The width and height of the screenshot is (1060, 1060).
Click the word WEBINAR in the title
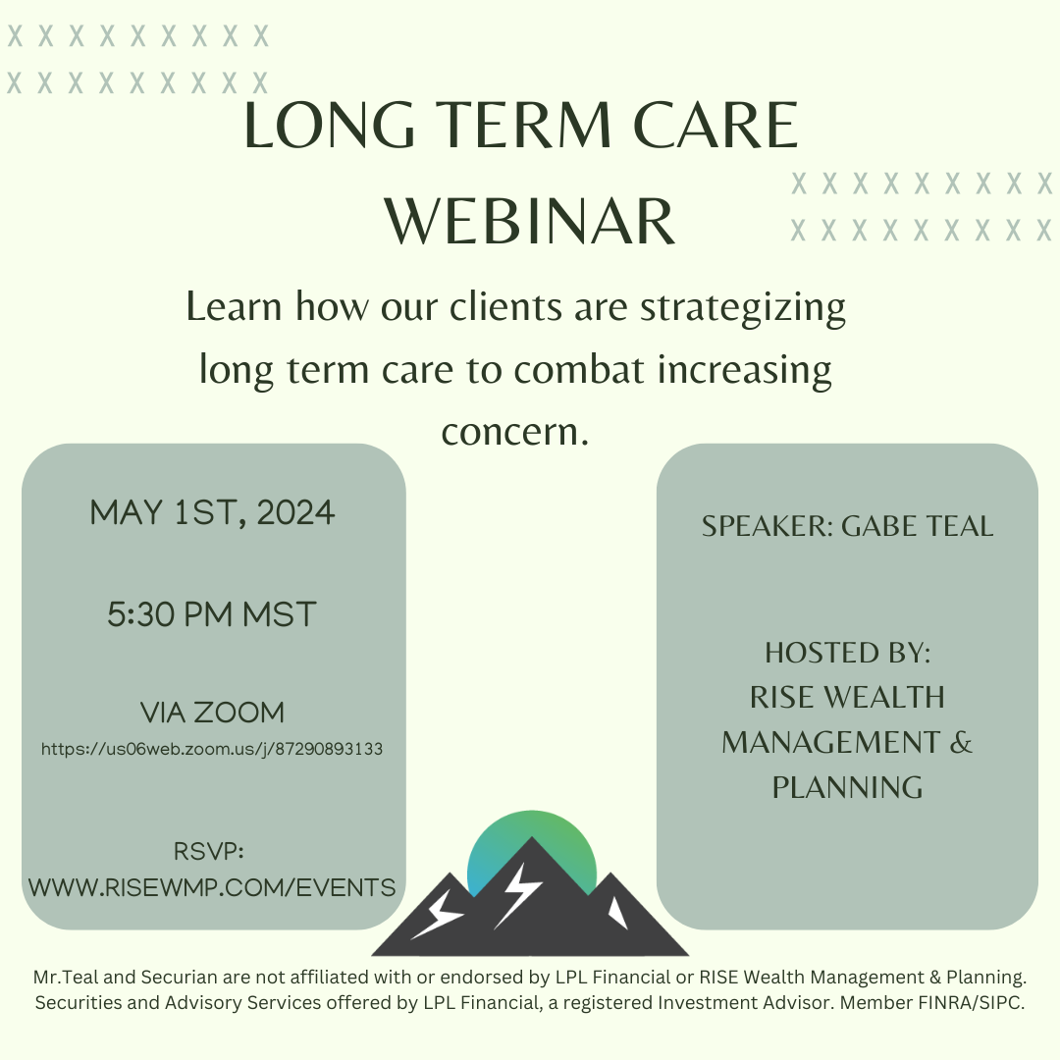tap(530, 221)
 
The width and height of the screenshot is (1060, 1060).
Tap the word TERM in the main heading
tap(525, 125)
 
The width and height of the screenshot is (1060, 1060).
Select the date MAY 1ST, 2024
tap(212, 512)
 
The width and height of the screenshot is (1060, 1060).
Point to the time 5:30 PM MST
tap(212, 614)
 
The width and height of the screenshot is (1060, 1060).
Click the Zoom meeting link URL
tap(212, 749)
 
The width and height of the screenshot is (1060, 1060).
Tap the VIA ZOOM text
tap(212, 713)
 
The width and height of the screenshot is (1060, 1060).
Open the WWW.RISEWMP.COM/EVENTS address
tap(212, 887)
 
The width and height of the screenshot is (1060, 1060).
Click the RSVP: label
tap(209, 851)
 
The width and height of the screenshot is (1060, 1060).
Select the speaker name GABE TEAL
tap(918, 526)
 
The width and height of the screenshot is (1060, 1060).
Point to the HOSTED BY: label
tap(848, 653)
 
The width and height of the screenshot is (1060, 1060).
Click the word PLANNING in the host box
tap(848, 787)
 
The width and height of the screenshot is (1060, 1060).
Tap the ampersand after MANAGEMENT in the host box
tap(961, 742)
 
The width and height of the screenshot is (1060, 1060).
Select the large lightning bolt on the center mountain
tap(518, 895)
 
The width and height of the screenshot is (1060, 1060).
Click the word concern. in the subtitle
tap(515, 431)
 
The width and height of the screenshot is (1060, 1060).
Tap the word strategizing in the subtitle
tap(743, 307)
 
